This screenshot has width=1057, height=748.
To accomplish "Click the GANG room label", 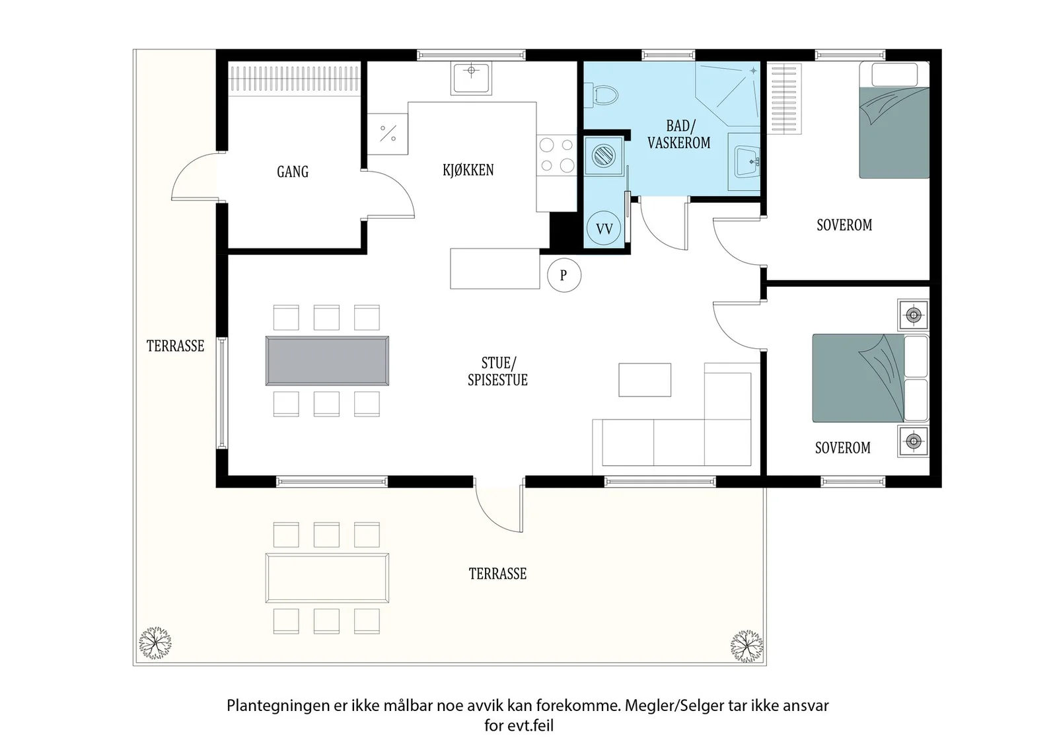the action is point(293,171).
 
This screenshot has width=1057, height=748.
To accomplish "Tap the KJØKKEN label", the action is point(468,170).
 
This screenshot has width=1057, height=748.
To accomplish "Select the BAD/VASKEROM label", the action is point(678,134).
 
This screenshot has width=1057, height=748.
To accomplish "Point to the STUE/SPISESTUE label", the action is point(498,371).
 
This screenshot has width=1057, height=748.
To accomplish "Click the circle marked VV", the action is point(604,229).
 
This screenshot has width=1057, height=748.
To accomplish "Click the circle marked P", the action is point(564,275).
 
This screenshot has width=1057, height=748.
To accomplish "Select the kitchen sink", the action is point(471,78).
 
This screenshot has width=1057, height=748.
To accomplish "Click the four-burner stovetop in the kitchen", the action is point(557,156).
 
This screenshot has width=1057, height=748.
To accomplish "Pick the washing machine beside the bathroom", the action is point(604,155).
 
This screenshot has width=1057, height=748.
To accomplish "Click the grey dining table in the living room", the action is point(327,361).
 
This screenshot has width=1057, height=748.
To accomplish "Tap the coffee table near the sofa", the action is point(645,379).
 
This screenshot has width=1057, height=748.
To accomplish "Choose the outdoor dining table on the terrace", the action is point(327,578).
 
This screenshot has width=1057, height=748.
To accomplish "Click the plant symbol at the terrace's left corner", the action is point(155,643).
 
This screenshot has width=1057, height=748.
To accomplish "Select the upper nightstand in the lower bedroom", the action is point(914,315).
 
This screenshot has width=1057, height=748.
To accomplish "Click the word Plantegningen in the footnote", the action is point(278,706).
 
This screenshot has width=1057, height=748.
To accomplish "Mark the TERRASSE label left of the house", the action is point(175,346).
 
